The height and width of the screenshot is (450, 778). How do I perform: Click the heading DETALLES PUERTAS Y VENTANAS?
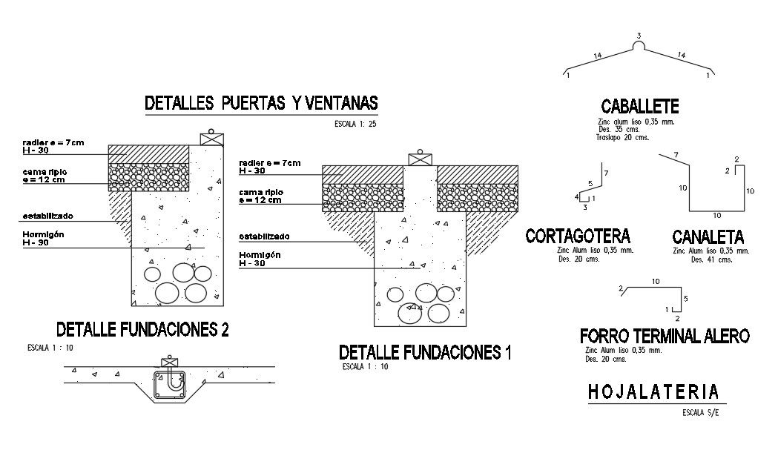click(261, 104)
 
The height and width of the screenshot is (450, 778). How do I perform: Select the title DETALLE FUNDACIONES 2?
click(142, 329)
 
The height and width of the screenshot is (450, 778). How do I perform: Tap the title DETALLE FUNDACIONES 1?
click(425, 352)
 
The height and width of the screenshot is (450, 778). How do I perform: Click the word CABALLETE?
click(640, 107)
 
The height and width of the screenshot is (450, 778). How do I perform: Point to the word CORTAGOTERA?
click(578, 236)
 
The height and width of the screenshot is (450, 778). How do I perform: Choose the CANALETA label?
click(708, 237)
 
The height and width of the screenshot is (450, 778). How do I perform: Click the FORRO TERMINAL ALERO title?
click(665, 336)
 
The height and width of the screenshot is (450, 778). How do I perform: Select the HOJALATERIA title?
click(653, 391)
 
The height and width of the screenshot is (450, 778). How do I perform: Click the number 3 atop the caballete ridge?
click(639, 36)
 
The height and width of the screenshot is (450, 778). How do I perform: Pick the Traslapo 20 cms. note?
click(622, 137)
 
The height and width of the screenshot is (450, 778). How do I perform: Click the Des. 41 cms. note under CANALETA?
click(711, 259)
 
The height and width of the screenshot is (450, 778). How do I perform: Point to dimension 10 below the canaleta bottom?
click(716, 216)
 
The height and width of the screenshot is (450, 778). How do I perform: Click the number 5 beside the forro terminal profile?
click(686, 299)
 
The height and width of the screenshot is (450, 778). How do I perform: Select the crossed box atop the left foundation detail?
click(211, 139)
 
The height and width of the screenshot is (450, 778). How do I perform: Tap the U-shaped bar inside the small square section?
click(174, 380)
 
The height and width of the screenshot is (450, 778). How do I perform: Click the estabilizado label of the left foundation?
click(47, 216)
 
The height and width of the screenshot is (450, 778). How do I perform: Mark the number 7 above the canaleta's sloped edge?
click(675, 154)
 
